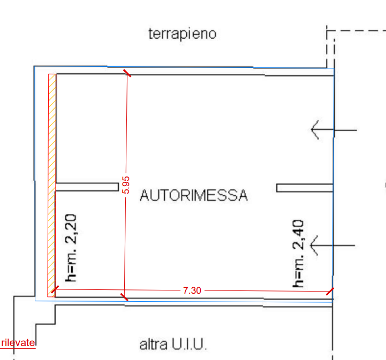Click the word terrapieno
pos(183,34)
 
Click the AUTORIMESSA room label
pos(194,195)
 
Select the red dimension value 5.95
pos(126,185)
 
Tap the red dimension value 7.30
pos(192,290)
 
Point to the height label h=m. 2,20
pos(71,248)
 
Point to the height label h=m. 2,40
pos(298,254)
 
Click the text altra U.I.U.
pos(173,344)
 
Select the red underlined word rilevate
pos(18,342)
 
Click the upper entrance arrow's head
pos(315,129)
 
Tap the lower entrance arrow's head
pos(314,245)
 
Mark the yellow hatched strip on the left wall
pos(52,186)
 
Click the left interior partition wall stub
pos(87,187)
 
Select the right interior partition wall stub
pos(305,188)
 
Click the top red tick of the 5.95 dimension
pos(127,73)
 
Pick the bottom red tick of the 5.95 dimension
pos(124,297)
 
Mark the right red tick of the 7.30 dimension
pos(330,292)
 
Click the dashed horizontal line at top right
pos(356,31)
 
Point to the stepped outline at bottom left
pos(34,325)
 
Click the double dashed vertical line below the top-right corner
pos(330,49)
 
